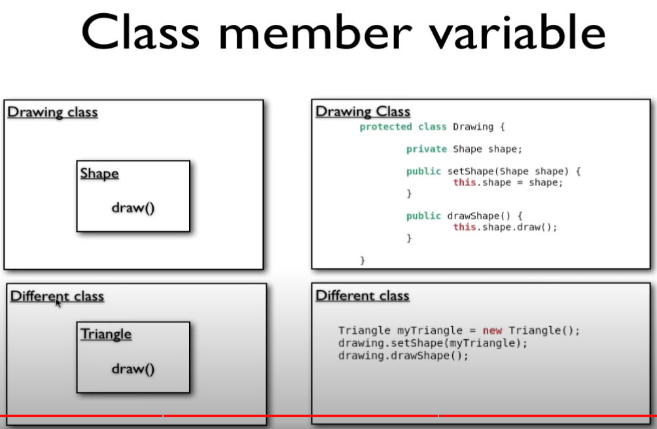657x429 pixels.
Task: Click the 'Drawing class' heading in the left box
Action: pos(52,113)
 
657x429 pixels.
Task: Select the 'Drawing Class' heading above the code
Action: pos(363,111)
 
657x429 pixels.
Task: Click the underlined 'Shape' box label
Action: pos(99,174)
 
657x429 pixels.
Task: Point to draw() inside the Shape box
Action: pos(133,208)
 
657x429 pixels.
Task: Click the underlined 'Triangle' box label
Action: pos(106,334)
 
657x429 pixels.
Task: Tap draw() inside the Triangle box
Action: pos(133,369)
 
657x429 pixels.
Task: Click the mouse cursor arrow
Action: pos(58,303)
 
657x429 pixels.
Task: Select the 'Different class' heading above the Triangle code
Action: pos(363,295)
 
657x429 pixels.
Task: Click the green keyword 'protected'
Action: pos(385,127)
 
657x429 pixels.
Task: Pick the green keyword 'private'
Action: pos(427,149)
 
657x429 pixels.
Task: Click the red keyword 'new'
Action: pos(492,331)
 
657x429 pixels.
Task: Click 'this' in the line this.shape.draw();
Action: pos(464,227)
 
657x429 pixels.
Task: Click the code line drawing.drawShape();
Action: pos(403,356)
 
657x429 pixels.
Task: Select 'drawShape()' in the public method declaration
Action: pos(479,216)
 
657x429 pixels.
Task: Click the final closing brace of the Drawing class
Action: pos(363,261)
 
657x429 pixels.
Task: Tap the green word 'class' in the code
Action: pos(433,127)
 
